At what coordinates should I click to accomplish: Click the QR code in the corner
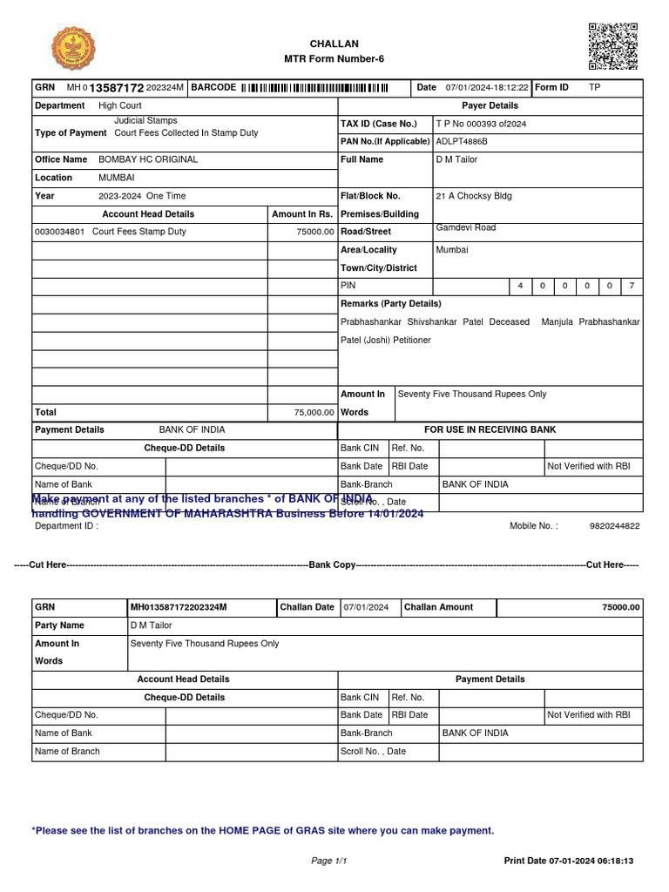(x=613, y=46)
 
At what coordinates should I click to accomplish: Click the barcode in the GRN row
(x=314, y=88)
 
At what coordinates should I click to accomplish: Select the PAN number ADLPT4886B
(x=462, y=141)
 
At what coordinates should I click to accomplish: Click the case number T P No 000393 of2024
(x=481, y=124)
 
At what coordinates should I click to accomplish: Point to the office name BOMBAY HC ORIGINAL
(x=148, y=159)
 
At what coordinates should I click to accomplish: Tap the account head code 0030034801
(x=59, y=232)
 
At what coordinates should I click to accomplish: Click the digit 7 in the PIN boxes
(x=632, y=286)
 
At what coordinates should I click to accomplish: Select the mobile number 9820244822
(x=614, y=526)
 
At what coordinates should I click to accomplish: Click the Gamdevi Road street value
(x=466, y=227)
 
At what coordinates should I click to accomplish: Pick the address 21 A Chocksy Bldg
(x=474, y=196)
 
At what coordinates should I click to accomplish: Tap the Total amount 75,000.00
(x=314, y=413)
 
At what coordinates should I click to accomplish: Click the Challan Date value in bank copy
(x=366, y=607)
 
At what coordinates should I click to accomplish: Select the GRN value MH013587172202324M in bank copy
(x=179, y=607)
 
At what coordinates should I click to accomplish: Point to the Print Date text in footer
(x=568, y=861)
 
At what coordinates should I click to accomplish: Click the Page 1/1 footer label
(x=329, y=861)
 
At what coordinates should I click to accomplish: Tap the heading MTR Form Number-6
(x=334, y=59)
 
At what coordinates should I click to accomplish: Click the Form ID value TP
(x=594, y=88)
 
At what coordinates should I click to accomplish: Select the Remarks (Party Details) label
(x=390, y=303)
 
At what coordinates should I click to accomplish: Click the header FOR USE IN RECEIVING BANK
(x=490, y=429)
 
